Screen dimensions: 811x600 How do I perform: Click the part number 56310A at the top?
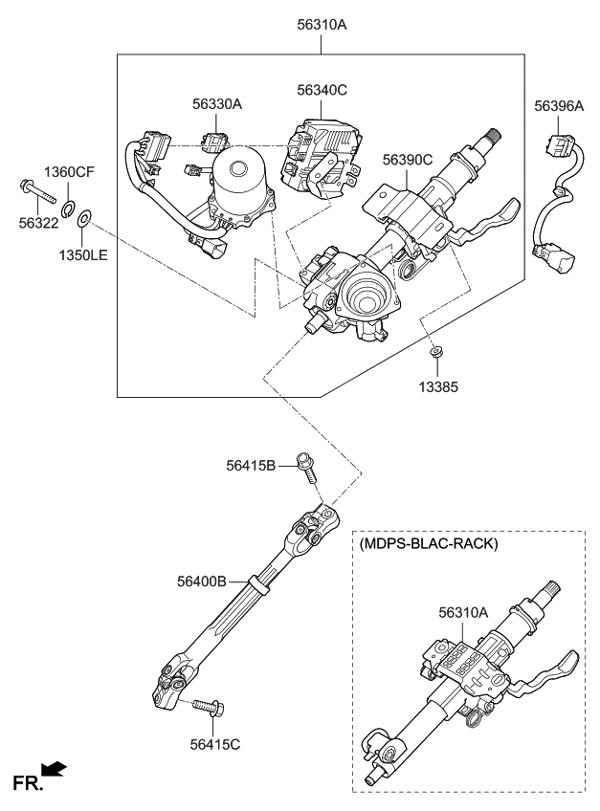pyautogui.click(x=321, y=25)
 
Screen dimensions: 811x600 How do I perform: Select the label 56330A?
pyautogui.click(x=216, y=104)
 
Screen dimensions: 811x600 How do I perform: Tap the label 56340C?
pyautogui.click(x=322, y=91)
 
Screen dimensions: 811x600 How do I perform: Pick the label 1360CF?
pyautogui.click(x=70, y=172)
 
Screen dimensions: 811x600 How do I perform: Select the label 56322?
pyautogui.click(x=39, y=220)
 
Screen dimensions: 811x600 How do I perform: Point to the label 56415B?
pyautogui.click(x=251, y=466)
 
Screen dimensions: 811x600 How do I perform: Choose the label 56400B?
pyautogui.click(x=201, y=580)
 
